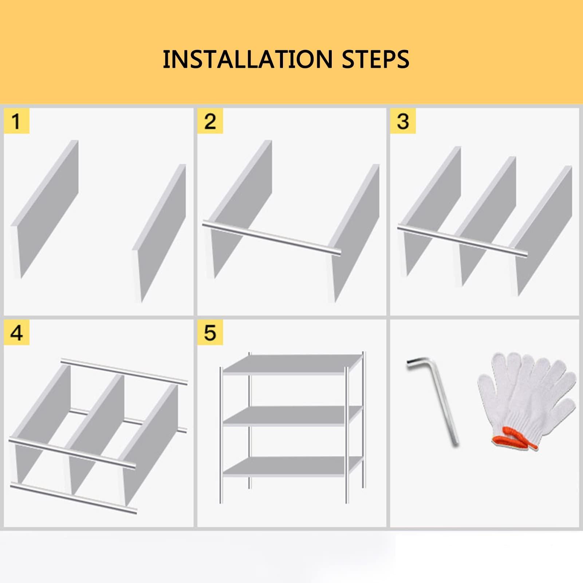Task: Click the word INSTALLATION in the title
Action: pyautogui.click(x=247, y=59)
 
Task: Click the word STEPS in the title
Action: pyautogui.click(x=376, y=59)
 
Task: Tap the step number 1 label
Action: pyautogui.click(x=16, y=121)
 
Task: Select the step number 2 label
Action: pyautogui.click(x=210, y=121)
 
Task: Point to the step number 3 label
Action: pyautogui.click(x=403, y=121)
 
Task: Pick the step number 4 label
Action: pyautogui.click(x=16, y=333)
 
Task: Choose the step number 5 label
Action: pyautogui.click(x=210, y=333)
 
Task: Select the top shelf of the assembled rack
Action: pyautogui.click(x=292, y=364)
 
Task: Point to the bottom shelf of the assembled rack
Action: pyautogui.click(x=292, y=467)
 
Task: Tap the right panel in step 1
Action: pyautogui.click(x=159, y=233)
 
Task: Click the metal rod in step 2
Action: pyautogui.click(x=272, y=237)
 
